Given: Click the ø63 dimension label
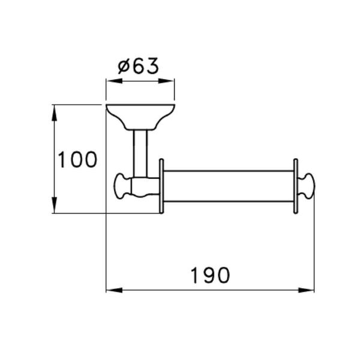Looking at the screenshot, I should pos(139,66).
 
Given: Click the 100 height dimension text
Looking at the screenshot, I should pos(77,160).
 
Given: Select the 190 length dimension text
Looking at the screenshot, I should pos(210,275).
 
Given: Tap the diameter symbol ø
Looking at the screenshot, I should pos(124,67).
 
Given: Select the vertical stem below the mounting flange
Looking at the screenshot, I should pos(140,153).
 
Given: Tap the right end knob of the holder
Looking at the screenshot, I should pos(307,186).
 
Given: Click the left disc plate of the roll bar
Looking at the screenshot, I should pos(161,186).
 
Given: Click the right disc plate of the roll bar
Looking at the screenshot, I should pos(295,186).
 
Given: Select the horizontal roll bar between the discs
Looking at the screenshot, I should pos(228,186).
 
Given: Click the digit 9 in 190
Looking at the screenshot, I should pos(210,275).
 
